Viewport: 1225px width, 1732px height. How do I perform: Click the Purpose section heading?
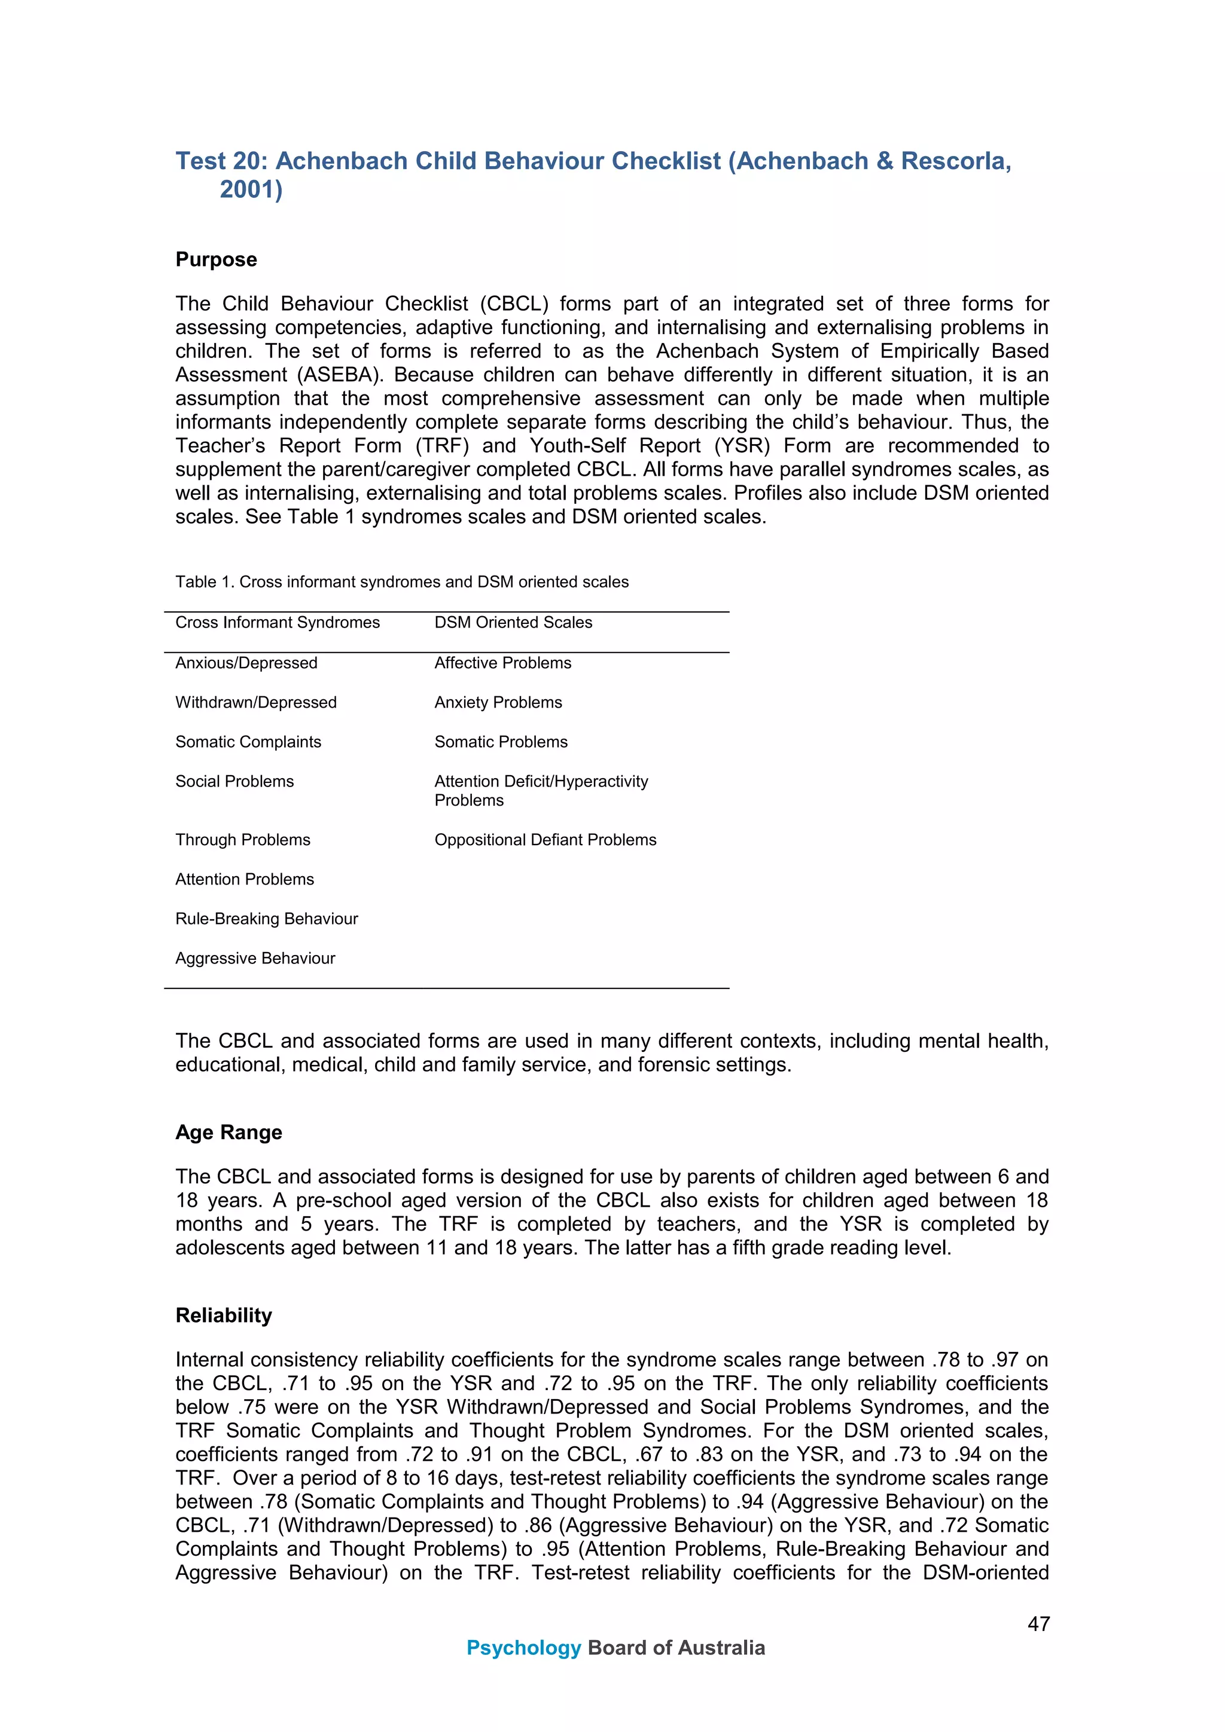pyautogui.click(x=216, y=259)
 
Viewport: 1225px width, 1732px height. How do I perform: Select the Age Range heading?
pyautogui.click(x=228, y=1133)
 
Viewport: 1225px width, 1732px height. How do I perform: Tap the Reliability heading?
pyautogui.click(x=224, y=1315)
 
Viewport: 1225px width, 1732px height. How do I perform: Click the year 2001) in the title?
pyautogui.click(x=251, y=189)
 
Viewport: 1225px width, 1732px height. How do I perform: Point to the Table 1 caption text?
pyautogui.click(x=401, y=582)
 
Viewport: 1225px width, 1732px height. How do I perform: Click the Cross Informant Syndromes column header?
pyautogui.click(x=277, y=622)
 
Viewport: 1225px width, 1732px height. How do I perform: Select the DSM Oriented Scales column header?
pyautogui.click(x=513, y=622)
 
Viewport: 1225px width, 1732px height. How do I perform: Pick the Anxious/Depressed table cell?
pyautogui.click(x=246, y=663)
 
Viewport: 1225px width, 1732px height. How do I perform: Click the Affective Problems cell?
pyautogui.click(x=502, y=663)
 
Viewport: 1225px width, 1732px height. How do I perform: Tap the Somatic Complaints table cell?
pyautogui.click(x=248, y=742)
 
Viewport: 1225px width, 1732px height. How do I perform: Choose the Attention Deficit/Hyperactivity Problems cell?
pyautogui.click(x=540, y=791)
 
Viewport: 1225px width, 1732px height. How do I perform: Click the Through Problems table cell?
pyautogui.click(x=242, y=840)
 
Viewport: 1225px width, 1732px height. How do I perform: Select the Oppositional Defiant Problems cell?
pyautogui.click(x=545, y=840)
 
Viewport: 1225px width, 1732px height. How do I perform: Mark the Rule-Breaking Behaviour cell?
pyautogui.click(x=266, y=919)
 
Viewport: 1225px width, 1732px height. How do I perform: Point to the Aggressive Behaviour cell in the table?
pyautogui.click(x=255, y=959)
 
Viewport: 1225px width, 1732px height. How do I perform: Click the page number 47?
pyautogui.click(x=1038, y=1624)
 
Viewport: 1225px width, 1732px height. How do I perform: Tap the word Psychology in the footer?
pyautogui.click(x=523, y=1648)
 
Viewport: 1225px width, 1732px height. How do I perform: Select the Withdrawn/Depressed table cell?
pyautogui.click(x=256, y=703)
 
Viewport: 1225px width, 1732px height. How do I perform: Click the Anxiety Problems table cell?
pyautogui.click(x=498, y=703)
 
